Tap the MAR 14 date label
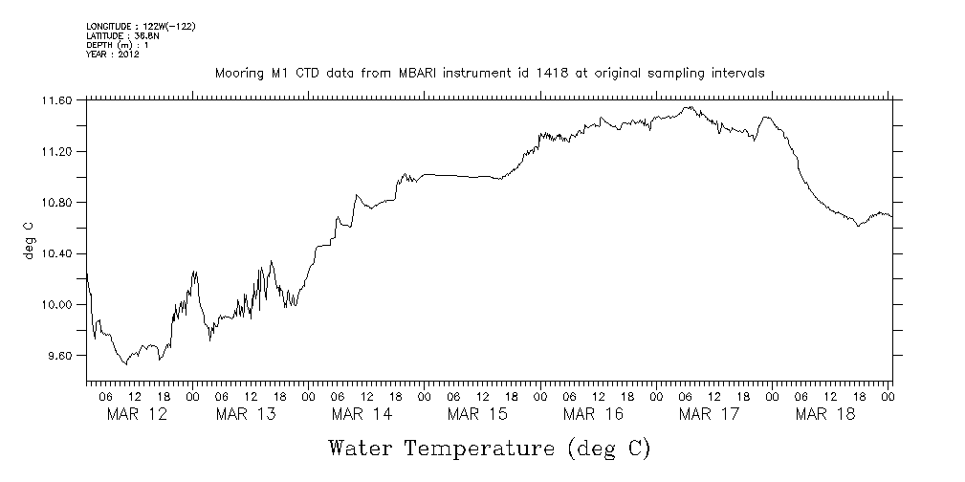coord(362,414)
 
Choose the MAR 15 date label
coord(477,414)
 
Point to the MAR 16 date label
coord(593,414)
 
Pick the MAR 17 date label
coord(709,414)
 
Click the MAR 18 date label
coord(824,414)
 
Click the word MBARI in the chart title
coord(420,73)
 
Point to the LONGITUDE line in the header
coord(141,26)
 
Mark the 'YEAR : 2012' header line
coord(113,55)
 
